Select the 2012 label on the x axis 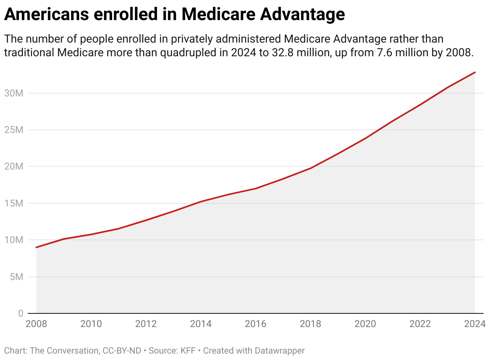tap(146, 324)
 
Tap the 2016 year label tap(255, 324)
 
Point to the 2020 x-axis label tap(365, 324)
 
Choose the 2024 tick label tap(475, 324)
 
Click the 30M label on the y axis tap(14, 93)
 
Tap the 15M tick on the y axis tap(14, 203)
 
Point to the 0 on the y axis tap(20, 313)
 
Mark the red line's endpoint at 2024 tap(475, 72)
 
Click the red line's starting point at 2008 tap(37, 247)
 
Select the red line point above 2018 tap(310, 168)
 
